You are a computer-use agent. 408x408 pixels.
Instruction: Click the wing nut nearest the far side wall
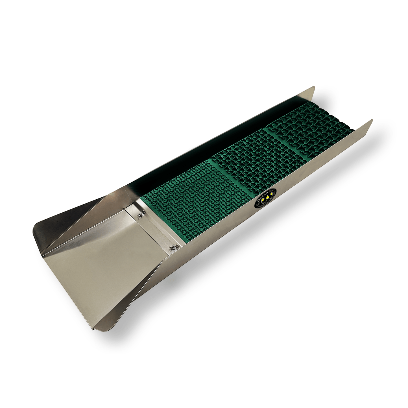point(140,215)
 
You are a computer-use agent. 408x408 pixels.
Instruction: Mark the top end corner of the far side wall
point(314,87)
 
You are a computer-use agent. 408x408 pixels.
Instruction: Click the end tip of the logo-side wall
point(372,120)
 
